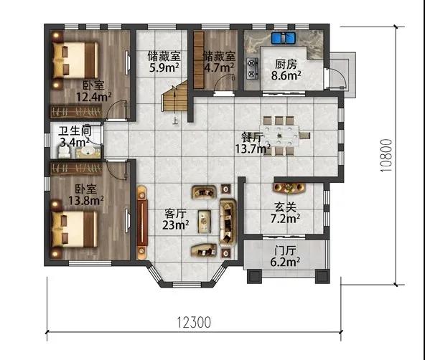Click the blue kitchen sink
coord(284,38)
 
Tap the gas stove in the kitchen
coord(252,68)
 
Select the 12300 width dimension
coord(194,323)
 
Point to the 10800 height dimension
coord(386,156)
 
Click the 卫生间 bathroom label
coord(75,131)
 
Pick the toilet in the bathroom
coord(65,152)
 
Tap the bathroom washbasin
coord(88,152)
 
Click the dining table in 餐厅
coord(279,136)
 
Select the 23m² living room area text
coord(176,224)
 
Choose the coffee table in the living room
coord(205,222)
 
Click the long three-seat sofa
coord(228,222)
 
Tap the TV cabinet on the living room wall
coord(142,222)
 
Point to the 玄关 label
coord(285,207)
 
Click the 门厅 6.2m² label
coord(285,256)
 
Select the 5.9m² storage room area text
coord(164,67)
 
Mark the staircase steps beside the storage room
coord(175,97)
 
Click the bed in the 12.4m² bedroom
coord(75,60)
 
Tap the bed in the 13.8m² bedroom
coord(75,229)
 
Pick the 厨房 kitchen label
coord(286,65)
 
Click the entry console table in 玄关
coord(289,188)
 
